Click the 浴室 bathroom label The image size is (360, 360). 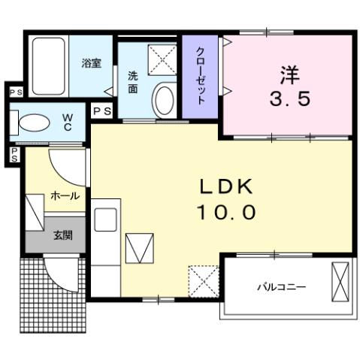(92, 64)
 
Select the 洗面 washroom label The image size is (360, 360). (132, 82)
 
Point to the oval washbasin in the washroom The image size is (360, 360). (163, 98)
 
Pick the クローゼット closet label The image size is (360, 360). (200, 75)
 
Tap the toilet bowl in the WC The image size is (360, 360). (35, 122)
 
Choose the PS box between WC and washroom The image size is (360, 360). (102, 111)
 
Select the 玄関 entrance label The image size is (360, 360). (62, 235)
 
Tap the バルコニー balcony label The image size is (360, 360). (281, 286)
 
